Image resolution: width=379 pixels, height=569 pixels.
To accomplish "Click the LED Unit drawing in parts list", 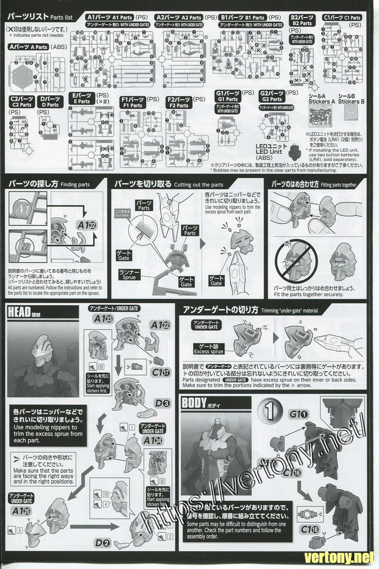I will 296,151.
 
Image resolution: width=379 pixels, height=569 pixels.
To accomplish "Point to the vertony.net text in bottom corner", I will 345,558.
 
